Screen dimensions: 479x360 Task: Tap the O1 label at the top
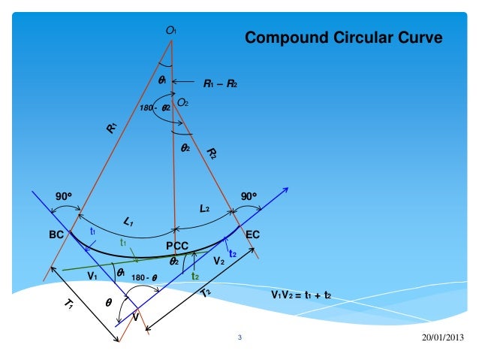(x=170, y=30)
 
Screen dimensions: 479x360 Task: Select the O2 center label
(x=182, y=100)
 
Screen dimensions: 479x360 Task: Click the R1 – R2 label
(x=221, y=83)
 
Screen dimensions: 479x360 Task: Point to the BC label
(x=57, y=234)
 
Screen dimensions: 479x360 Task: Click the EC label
(x=253, y=235)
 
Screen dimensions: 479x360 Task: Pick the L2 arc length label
(x=204, y=210)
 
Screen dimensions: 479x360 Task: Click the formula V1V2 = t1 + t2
(x=301, y=295)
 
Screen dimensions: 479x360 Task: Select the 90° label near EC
(x=248, y=196)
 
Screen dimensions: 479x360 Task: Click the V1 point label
(x=93, y=276)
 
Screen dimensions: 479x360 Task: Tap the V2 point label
(x=218, y=261)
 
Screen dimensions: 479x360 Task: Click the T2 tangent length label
(x=206, y=293)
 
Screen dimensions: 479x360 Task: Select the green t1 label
(x=122, y=243)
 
